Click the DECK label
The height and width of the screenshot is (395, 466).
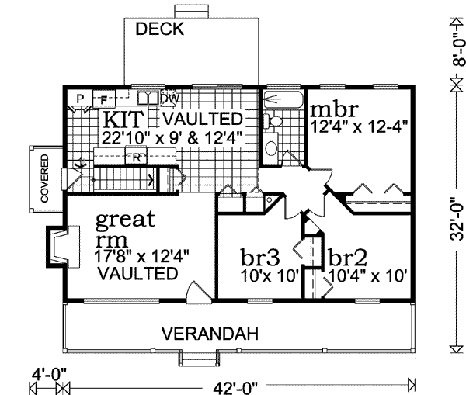[159, 30]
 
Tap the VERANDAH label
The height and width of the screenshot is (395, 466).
[209, 334]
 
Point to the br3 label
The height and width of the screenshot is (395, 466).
[259, 257]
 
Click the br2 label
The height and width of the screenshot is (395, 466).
[346, 257]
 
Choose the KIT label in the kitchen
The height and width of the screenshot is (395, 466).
[122, 120]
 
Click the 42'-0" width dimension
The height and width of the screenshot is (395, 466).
[236, 385]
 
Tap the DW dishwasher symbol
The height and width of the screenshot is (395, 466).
[168, 99]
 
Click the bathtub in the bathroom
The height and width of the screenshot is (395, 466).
[280, 100]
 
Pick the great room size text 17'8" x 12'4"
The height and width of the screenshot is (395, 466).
[142, 255]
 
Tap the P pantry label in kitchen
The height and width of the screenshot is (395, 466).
[80, 98]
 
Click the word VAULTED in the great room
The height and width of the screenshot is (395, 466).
[137, 273]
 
